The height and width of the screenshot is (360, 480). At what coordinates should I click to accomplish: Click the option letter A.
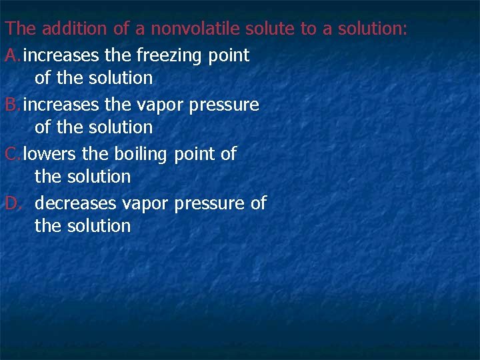pyautogui.click(x=11, y=55)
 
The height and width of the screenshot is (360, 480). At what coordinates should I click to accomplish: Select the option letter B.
pyautogui.click(x=11, y=105)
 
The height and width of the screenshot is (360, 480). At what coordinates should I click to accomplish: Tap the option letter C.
pyautogui.click(x=11, y=154)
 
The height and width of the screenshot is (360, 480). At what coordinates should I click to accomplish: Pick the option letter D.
pyautogui.click(x=12, y=203)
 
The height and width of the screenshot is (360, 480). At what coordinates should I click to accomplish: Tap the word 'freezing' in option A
pyautogui.click(x=170, y=55)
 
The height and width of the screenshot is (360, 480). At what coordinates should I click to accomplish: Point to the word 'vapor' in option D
pyautogui.click(x=144, y=203)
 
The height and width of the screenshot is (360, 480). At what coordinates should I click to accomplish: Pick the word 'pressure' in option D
pyautogui.click(x=208, y=203)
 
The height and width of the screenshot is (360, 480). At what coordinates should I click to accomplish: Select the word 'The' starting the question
pyautogui.click(x=21, y=29)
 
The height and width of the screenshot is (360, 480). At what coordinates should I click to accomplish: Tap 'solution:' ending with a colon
pyautogui.click(x=373, y=29)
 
